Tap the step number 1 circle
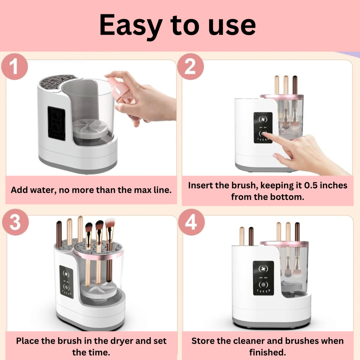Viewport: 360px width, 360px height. (14, 67)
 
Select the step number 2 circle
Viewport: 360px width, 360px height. (190, 67)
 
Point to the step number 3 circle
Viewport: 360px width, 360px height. (15, 222)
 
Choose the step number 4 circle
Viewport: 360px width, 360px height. (191, 222)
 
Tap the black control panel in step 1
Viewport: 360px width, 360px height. (56, 123)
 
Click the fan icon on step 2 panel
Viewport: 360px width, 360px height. (263, 119)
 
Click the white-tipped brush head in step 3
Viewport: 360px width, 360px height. (110, 223)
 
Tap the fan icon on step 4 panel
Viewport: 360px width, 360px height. (263, 269)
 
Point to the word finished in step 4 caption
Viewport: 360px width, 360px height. (267, 352)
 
